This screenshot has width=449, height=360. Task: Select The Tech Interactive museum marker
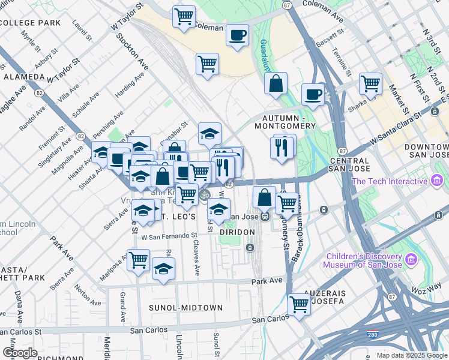coord(437,181)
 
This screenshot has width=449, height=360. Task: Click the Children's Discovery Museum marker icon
coord(411,259)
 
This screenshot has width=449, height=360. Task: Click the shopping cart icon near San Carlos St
coord(299,304)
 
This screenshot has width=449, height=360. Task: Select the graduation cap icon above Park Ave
coord(163,269)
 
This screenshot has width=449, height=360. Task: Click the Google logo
coord(19,353)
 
